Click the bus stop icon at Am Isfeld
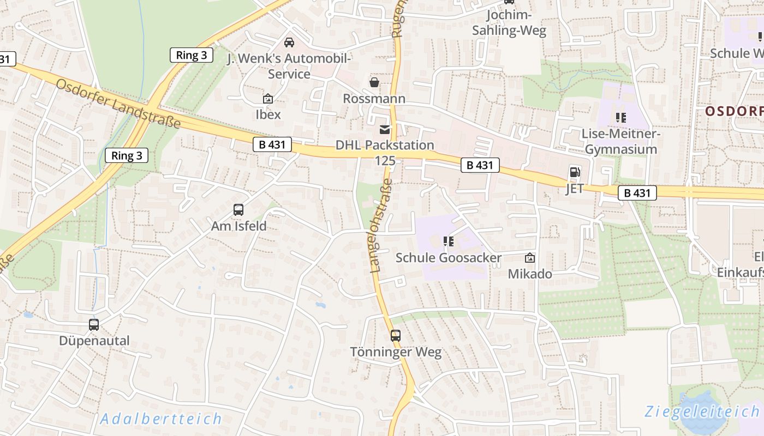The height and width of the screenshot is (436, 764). (x=238, y=210)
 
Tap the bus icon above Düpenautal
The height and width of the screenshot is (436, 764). (x=94, y=325)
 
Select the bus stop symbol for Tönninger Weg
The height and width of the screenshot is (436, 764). (x=396, y=336)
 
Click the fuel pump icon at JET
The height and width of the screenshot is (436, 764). (x=575, y=172)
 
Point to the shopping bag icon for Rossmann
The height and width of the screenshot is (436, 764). (x=374, y=82)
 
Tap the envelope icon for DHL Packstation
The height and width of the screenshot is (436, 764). (x=385, y=129)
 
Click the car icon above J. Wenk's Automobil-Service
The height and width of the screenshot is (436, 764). (x=289, y=42)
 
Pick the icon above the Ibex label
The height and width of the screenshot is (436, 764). (x=268, y=99)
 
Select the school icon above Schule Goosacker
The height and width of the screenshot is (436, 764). (x=449, y=241)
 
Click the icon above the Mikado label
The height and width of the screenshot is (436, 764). (x=530, y=258)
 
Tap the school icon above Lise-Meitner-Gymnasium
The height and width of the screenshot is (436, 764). (x=620, y=117)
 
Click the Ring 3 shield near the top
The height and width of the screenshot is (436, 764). (x=192, y=55)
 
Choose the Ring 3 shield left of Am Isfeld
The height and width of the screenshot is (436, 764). (x=127, y=155)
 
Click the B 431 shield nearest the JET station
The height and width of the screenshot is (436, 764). (x=637, y=192)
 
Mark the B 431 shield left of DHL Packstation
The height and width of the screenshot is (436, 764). (x=272, y=144)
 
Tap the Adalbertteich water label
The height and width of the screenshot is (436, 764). (x=162, y=419)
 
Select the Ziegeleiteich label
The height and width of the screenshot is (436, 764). (x=702, y=411)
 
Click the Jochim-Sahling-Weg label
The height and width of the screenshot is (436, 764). (x=509, y=23)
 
